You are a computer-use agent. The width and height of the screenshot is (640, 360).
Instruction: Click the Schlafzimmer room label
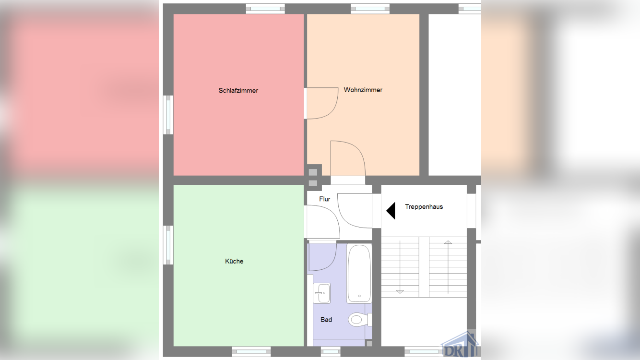click(x=238, y=90)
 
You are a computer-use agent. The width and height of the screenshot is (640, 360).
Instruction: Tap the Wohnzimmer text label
click(x=363, y=90)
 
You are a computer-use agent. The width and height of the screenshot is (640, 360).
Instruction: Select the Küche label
click(x=234, y=261)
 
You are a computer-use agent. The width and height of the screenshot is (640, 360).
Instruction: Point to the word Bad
click(x=326, y=319)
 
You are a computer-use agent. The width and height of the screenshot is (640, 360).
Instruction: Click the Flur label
click(x=325, y=199)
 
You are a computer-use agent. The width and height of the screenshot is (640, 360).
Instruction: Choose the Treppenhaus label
click(x=424, y=207)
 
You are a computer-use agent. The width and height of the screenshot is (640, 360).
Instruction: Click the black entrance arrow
click(x=391, y=211)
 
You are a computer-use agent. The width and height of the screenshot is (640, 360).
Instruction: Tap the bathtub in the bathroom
click(x=359, y=274)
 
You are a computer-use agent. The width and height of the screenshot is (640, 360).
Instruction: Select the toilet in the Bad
click(x=358, y=319)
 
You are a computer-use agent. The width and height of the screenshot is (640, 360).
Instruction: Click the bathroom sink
click(x=322, y=293)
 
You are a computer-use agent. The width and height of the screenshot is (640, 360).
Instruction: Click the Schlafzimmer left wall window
click(x=168, y=115)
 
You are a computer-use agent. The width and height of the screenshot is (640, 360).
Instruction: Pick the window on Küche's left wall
click(x=168, y=245)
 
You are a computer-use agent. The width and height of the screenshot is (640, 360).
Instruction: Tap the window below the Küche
click(x=251, y=351)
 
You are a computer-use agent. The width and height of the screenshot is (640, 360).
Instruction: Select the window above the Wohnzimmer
click(x=370, y=9)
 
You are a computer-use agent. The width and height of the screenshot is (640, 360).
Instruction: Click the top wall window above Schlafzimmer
click(x=265, y=9)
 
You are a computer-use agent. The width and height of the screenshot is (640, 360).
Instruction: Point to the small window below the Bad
click(x=331, y=351)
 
